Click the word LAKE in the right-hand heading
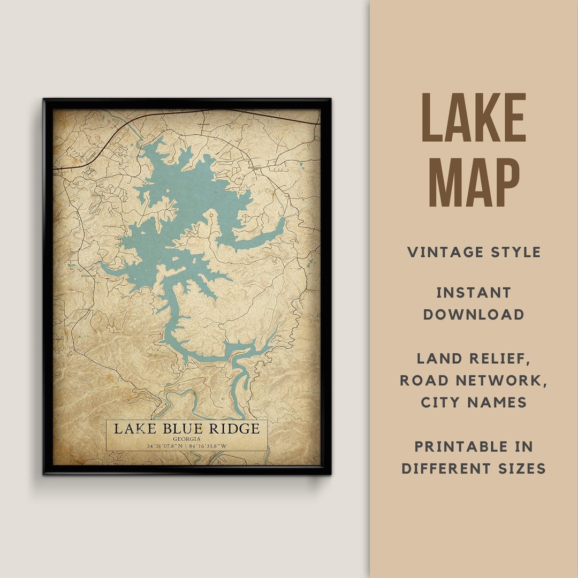coord(474,118)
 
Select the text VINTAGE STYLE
coord(474,252)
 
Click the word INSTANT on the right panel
coord(474,293)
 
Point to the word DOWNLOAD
coord(474,314)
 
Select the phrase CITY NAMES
coord(474,402)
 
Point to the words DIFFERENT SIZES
coord(474,468)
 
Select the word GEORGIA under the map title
coord(187,438)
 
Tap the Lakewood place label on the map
coord(203,124)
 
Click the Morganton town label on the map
coord(254,168)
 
